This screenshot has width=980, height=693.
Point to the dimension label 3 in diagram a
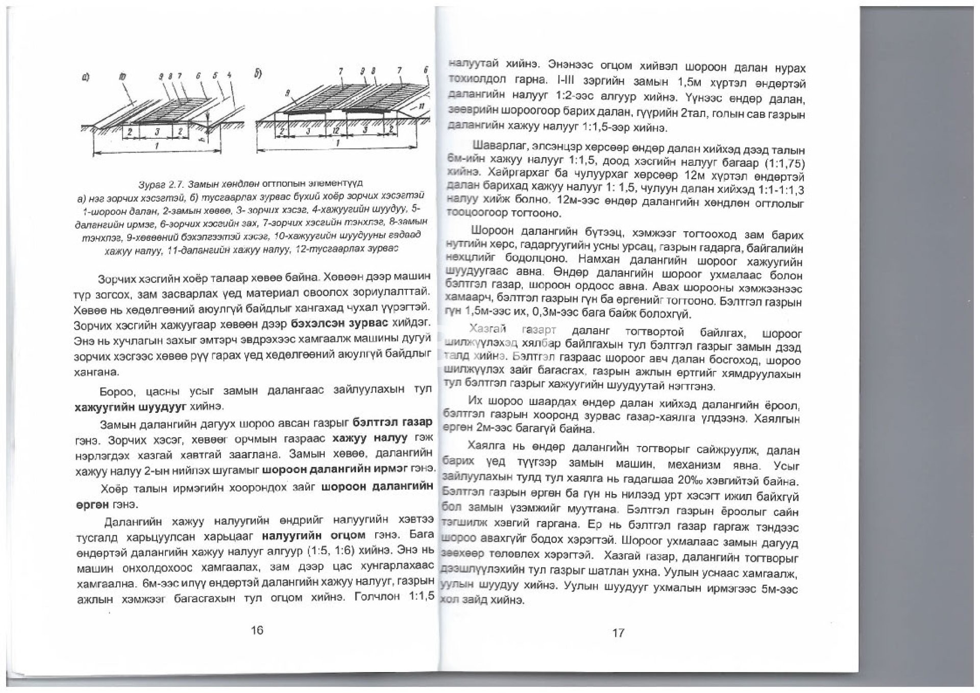click(158, 132)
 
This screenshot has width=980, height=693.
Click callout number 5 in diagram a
click(216, 76)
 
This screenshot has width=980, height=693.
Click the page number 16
click(257, 630)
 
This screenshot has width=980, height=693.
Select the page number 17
click(618, 633)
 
